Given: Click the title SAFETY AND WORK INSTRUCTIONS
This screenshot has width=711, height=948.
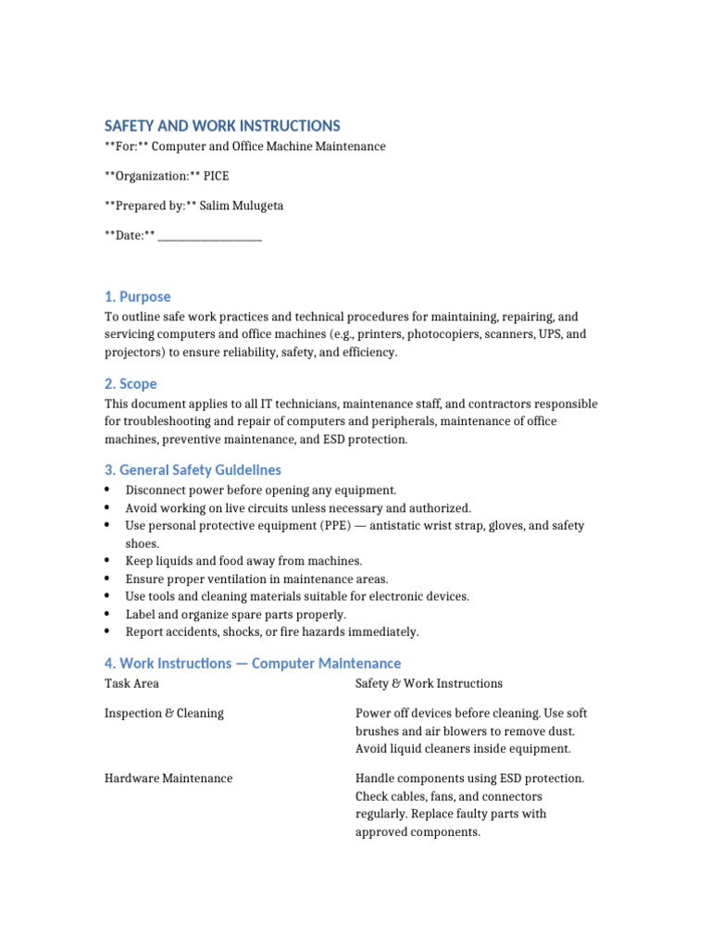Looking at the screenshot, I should click(x=222, y=126).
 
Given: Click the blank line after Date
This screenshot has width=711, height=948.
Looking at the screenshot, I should click(x=210, y=236).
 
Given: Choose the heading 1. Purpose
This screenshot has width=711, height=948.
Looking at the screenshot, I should click(x=138, y=296).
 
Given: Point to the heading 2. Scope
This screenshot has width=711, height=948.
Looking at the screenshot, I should click(x=131, y=383).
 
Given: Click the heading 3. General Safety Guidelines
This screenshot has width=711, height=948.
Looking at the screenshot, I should click(x=193, y=470).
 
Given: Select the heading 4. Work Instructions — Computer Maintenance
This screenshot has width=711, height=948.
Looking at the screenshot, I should click(x=253, y=663).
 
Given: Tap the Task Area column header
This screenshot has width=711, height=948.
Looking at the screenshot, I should click(x=131, y=683).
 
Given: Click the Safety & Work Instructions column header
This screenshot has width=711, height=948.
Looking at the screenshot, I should click(x=429, y=683).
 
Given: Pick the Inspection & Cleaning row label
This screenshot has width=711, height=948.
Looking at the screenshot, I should click(x=164, y=714).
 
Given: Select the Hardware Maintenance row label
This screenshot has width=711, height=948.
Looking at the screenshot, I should click(x=168, y=779).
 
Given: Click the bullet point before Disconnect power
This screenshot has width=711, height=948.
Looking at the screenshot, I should click(x=108, y=490).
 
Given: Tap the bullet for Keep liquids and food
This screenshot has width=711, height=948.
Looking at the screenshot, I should click(x=108, y=561).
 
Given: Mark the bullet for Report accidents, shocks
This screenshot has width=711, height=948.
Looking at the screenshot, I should click(x=108, y=631).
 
